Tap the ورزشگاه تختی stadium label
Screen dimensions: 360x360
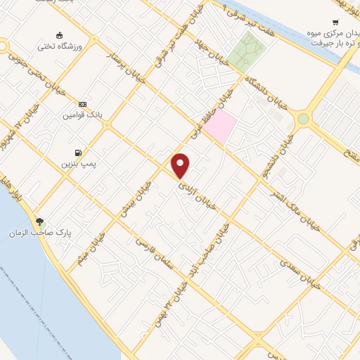59,47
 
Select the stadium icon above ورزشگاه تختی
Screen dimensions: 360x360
59,36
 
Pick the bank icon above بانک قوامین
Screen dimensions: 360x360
82,103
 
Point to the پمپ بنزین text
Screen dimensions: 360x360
77,163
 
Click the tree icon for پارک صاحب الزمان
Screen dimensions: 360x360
39,221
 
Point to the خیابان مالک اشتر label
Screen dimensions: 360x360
285,203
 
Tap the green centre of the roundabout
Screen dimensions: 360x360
303,119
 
